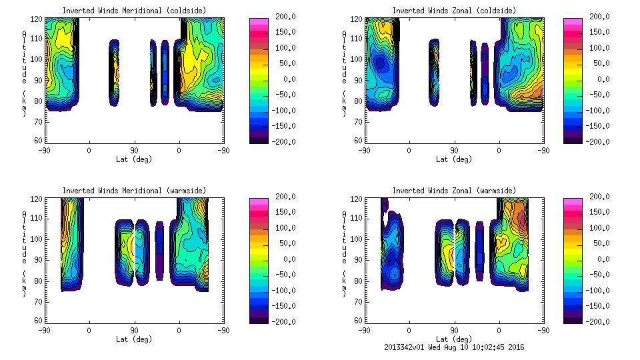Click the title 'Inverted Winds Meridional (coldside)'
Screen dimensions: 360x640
tap(134, 11)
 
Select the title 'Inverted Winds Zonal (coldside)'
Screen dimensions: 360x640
tap(454, 11)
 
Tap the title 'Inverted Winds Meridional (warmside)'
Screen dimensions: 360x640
tap(134, 191)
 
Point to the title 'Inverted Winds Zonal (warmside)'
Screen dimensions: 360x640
tap(454, 191)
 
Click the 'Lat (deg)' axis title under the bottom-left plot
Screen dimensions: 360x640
tap(134, 339)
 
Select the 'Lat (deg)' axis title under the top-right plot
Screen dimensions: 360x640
tap(454, 159)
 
